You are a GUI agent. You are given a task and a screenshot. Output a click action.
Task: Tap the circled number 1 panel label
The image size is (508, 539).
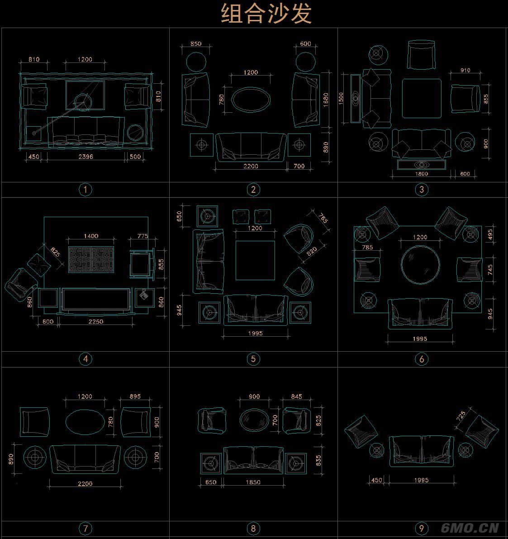[85, 189]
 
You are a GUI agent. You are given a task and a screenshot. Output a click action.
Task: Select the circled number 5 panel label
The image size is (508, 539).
[253, 359]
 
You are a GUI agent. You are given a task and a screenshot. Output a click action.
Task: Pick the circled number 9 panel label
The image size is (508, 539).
[421, 528]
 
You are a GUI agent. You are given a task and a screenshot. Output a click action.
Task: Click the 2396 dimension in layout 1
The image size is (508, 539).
[85, 157]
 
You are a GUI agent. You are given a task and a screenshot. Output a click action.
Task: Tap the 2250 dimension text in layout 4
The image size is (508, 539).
[95, 322]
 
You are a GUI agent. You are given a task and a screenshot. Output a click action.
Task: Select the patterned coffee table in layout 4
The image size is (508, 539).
[92, 259]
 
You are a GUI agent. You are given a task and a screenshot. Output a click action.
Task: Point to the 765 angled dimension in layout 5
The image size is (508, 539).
[323, 218]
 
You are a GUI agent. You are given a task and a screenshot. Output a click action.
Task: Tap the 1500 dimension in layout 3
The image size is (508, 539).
[342, 98]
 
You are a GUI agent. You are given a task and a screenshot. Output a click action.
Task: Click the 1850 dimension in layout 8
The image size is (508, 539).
[253, 482]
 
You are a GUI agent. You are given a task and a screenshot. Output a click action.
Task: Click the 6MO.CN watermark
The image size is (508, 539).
[470, 528]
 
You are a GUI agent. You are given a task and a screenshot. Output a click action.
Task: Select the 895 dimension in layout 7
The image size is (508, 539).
[135, 396]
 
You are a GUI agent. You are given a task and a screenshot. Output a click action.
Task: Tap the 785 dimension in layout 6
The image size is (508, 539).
[367, 248]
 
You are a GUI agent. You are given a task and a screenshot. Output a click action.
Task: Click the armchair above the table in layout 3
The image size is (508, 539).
[421, 55]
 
